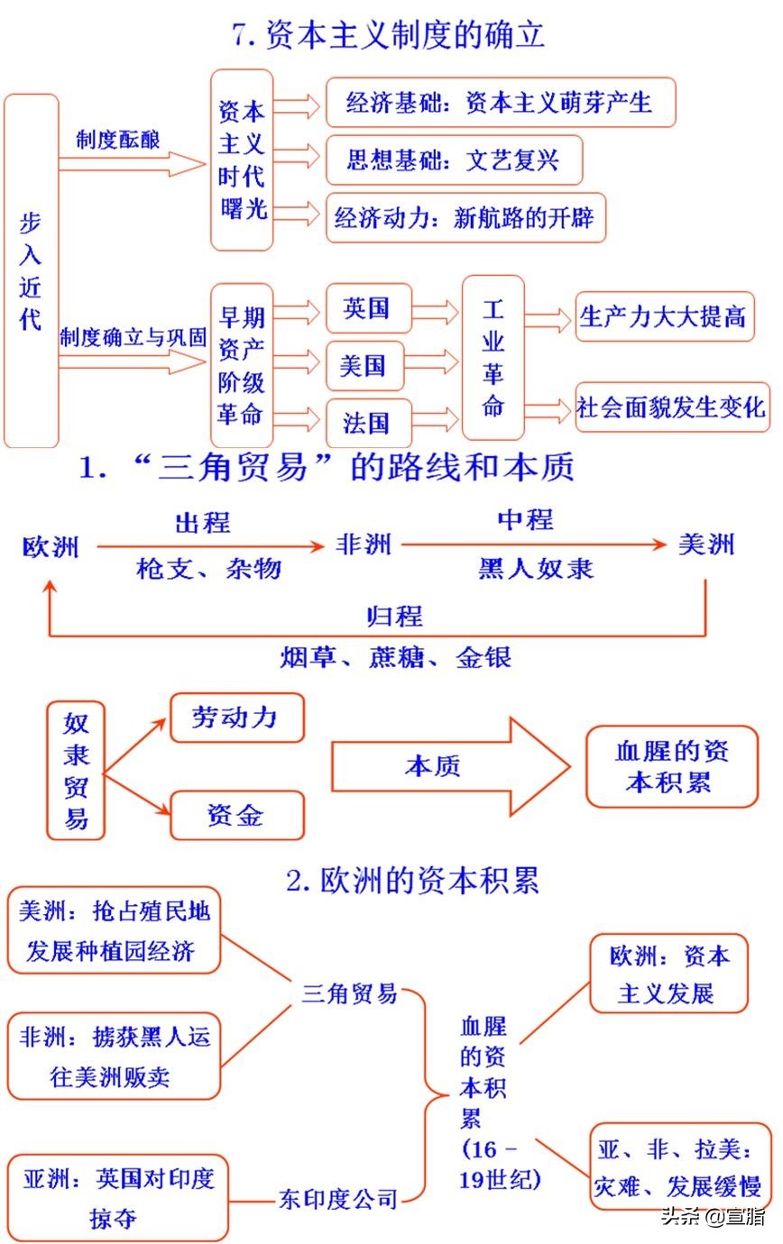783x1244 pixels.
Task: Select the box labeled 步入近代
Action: tap(31, 270)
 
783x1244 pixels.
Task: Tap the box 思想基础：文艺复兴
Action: tap(453, 160)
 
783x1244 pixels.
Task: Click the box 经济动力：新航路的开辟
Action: tap(465, 217)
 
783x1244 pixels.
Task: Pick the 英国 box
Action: tap(367, 310)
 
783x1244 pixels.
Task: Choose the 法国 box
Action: tap(367, 422)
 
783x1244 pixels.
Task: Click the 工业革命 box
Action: tap(493, 359)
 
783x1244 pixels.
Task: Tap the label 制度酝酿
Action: tap(117, 140)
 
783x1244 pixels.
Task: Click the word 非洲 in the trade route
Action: tap(364, 544)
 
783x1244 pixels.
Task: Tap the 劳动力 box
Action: tap(236, 718)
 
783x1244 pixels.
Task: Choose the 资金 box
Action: tap(236, 815)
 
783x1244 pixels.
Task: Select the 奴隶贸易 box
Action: tap(76, 769)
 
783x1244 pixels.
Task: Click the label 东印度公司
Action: tap(337, 1199)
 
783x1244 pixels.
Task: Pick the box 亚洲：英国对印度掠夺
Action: tap(117, 1195)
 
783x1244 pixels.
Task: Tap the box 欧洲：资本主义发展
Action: tap(668, 974)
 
